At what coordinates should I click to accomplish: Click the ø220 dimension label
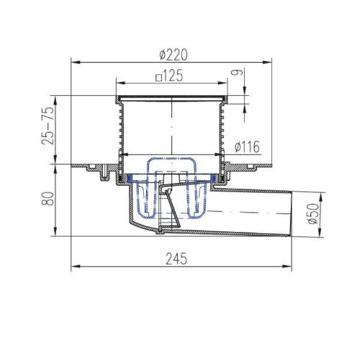174,55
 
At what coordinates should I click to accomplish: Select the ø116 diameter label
247,147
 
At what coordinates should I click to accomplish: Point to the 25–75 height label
48,125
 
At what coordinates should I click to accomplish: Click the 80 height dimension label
48,199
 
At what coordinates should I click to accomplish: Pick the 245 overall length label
176,258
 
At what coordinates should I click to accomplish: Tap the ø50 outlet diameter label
313,214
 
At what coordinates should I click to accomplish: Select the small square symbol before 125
158,78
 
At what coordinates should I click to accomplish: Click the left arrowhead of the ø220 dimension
76,63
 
